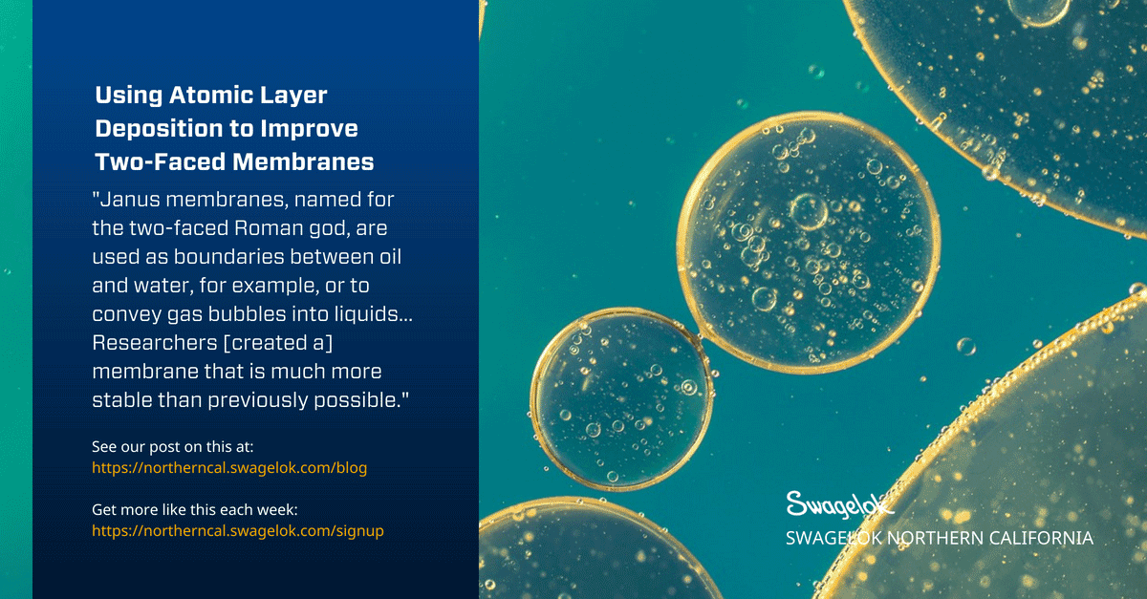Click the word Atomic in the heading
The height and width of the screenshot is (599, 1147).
pyautogui.click(x=210, y=96)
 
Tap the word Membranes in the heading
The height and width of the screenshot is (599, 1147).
pyautogui.click(x=303, y=161)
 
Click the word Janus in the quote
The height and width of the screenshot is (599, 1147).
pyautogui.click(x=130, y=200)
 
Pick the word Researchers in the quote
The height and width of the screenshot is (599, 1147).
pyautogui.click(x=155, y=343)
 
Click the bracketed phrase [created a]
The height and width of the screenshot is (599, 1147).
pyautogui.click(x=278, y=343)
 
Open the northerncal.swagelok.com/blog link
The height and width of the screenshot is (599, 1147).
pyautogui.click(x=229, y=468)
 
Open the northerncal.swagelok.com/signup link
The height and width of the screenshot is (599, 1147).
pyautogui.click(x=238, y=531)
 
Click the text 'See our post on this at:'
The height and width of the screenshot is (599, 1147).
pyautogui.click(x=173, y=447)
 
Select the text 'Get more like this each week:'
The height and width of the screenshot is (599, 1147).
pyautogui.click(x=195, y=510)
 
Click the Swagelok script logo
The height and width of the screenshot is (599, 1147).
pyautogui.click(x=840, y=504)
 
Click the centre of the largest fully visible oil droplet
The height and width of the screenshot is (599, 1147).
pyautogui.click(x=809, y=243)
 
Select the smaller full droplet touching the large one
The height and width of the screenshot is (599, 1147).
pyautogui.click(x=621, y=398)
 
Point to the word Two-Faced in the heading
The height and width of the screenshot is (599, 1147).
pyautogui.click(x=161, y=161)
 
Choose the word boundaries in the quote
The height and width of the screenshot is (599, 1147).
pyautogui.click(x=228, y=257)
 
